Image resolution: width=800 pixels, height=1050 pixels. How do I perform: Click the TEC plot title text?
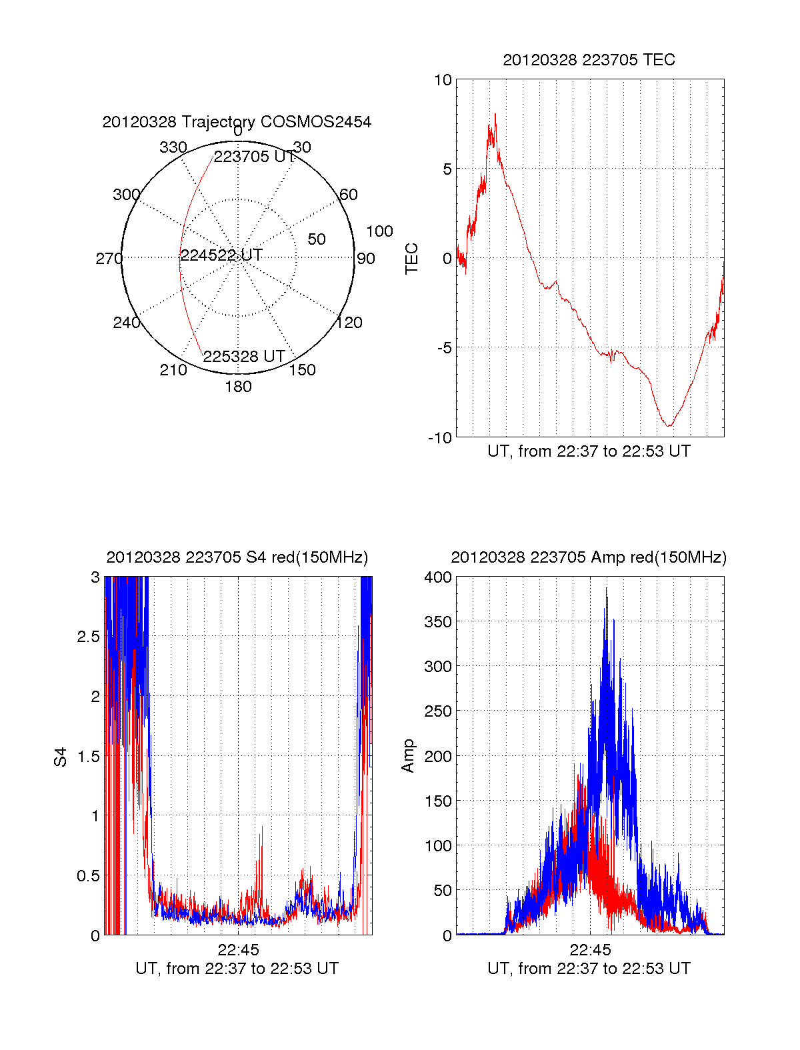tap(589, 60)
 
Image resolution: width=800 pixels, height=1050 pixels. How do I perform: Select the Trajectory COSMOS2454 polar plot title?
tap(237, 122)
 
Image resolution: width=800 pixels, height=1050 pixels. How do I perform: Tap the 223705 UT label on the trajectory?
tap(254, 157)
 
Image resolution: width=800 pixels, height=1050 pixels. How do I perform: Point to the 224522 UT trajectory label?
tap(221, 255)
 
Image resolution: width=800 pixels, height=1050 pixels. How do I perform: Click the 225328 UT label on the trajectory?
tap(244, 356)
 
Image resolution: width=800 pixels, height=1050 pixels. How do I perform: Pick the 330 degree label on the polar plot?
tap(173, 147)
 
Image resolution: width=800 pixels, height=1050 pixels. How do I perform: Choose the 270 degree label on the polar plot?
tap(109, 259)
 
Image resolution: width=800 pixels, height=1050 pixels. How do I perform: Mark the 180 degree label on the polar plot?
tap(238, 387)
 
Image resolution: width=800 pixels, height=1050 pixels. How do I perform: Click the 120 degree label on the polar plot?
tap(349, 323)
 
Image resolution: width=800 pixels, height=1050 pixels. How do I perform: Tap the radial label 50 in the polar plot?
tap(317, 239)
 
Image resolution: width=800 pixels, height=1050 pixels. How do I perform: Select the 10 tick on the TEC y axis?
tap(443, 80)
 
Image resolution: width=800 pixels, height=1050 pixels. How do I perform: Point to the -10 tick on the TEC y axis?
tap(440, 437)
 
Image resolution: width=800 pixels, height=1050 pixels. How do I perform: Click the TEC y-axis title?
tap(412, 259)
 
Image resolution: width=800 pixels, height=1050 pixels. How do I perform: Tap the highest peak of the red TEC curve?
tap(495, 115)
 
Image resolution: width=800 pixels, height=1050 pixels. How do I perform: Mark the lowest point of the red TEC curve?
tap(669, 425)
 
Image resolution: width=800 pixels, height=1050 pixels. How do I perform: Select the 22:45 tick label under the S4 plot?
tap(238, 950)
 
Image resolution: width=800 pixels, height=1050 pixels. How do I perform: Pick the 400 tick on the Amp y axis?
tap(438, 577)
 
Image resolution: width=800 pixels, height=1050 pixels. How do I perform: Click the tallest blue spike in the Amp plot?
tap(607, 589)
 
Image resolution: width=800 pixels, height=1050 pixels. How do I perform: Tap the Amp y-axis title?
tap(408, 756)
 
